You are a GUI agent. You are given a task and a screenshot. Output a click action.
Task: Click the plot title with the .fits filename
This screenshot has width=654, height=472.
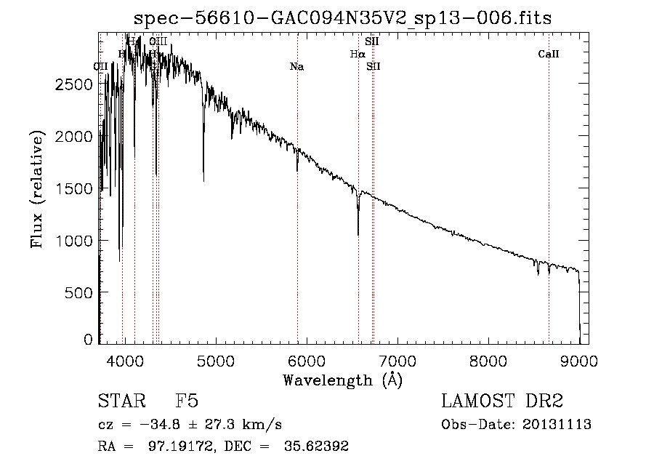(344, 18)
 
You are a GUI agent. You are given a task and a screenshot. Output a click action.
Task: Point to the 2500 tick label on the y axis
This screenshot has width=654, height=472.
(74, 84)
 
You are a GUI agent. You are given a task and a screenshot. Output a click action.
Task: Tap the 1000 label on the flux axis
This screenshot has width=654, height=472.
(74, 241)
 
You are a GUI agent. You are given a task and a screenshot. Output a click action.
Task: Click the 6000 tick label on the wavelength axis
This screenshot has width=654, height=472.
(306, 360)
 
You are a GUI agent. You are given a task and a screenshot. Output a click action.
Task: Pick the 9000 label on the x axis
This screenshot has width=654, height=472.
(579, 360)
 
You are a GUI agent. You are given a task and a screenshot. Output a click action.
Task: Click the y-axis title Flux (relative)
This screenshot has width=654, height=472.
(36, 189)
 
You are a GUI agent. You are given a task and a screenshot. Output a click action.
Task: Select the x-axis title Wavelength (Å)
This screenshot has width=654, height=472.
(342, 379)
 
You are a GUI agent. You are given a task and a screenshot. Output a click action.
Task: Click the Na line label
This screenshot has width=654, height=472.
(296, 67)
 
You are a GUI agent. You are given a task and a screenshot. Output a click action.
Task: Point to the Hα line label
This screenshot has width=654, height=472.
(357, 54)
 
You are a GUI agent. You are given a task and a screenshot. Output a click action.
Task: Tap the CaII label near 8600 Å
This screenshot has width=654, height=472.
(549, 54)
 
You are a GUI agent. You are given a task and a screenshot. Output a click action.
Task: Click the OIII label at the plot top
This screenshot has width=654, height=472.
(158, 41)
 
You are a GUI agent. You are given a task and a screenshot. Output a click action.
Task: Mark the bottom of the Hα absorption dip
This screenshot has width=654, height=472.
(358, 234)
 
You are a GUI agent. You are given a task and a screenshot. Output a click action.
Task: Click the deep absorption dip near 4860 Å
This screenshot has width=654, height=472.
(203, 180)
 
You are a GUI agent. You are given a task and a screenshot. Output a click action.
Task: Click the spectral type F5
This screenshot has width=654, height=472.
(187, 401)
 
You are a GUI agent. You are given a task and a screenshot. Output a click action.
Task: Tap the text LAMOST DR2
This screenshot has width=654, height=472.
(502, 401)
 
